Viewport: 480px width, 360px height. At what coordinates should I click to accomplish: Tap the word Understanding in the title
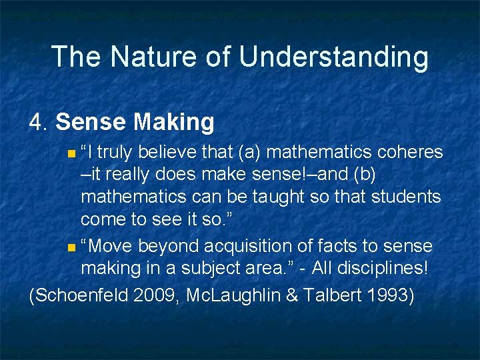(333, 58)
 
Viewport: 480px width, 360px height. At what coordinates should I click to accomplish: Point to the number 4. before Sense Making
(39, 122)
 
